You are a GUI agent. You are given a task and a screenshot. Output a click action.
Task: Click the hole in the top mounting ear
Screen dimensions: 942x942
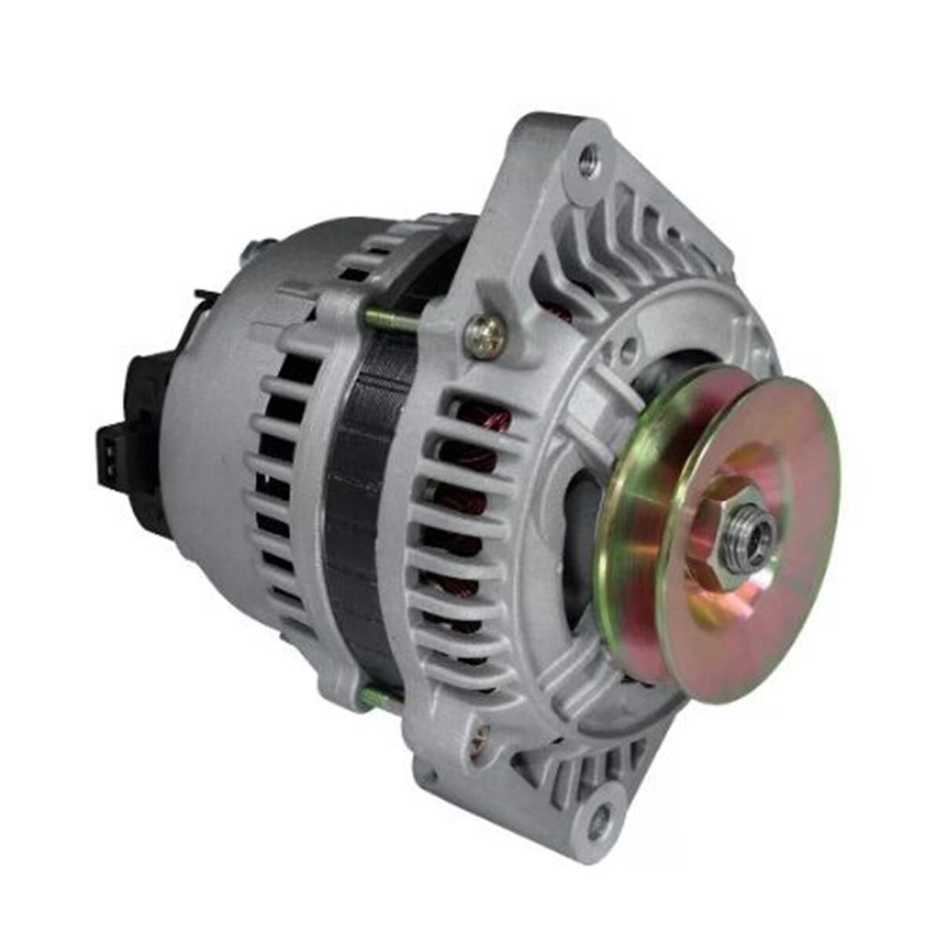click(x=587, y=163)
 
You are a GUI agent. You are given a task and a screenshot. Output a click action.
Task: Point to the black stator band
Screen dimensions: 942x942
click(x=357, y=502)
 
